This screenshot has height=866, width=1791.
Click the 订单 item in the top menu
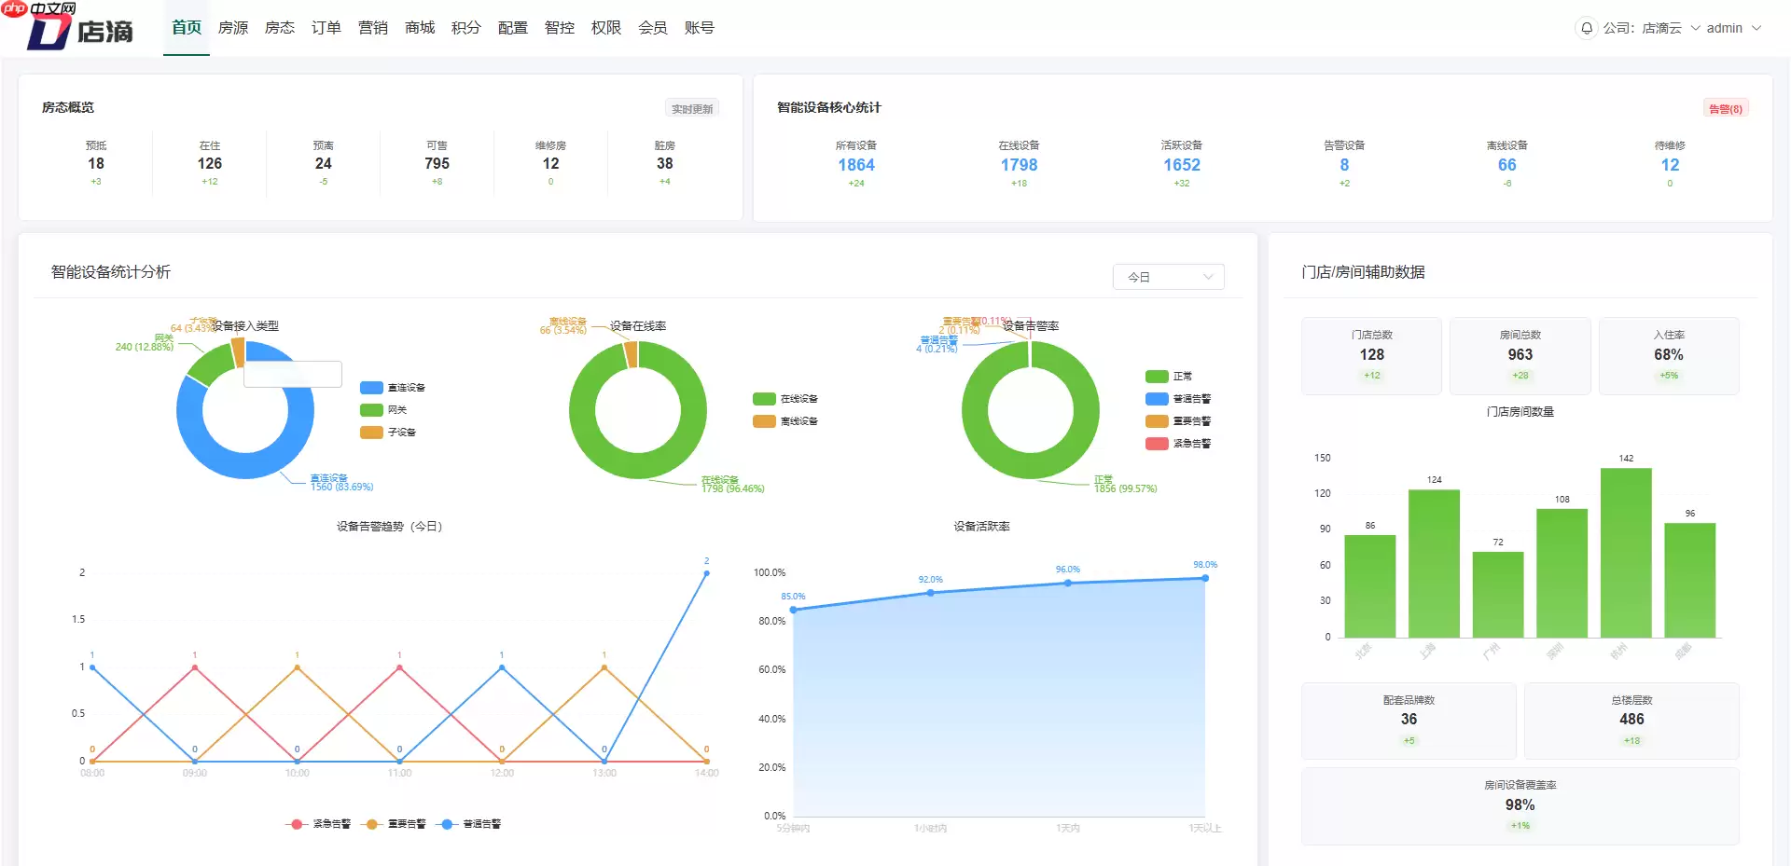point(326,28)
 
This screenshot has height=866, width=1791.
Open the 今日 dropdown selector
point(1168,277)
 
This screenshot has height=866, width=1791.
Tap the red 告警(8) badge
point(1725,109)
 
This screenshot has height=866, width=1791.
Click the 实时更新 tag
point(692,109)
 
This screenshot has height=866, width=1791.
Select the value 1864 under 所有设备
point(855,165)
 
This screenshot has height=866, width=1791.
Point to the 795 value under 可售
point(437,163)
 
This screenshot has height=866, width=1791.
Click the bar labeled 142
point(1626,552)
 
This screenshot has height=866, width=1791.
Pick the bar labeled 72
point(1497,594)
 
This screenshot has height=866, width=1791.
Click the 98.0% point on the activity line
point(1205,579)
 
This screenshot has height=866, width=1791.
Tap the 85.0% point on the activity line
point(794,610)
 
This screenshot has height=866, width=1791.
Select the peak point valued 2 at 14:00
point(706,573)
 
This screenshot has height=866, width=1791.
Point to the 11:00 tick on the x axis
point(399,773)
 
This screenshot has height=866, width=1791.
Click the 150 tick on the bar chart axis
point(1322,458)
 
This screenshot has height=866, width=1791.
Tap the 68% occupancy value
point(1668,355)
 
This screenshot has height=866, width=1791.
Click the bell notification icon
point(1586,28)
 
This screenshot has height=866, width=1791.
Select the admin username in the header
point(1724,28)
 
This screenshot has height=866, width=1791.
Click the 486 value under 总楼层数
point(1631,720)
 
